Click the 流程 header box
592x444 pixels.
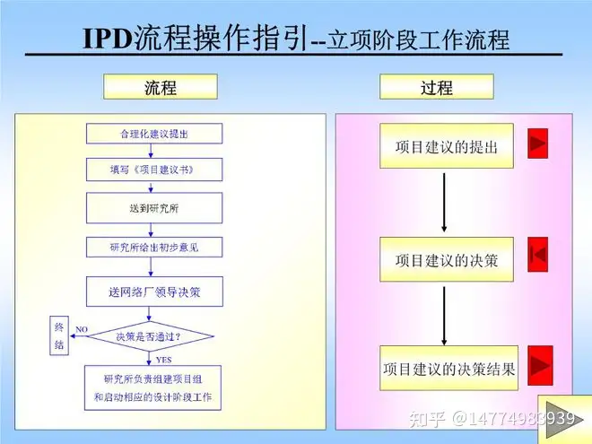pos(161,87)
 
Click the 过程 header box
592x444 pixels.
pos(436,87)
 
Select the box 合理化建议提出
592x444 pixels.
pos(153,135)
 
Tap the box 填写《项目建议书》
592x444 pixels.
pos(153,169)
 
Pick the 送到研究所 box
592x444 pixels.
pos(153,207)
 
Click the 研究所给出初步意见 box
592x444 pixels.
pos(153,248)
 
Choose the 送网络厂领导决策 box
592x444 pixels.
pos(153,292)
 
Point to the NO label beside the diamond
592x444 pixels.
pos(80,329)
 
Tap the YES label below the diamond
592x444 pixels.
pos(164,359)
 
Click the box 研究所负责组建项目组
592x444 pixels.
pos(153,385)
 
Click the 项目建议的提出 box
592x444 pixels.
pos(446,146)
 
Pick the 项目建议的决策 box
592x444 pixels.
pos(446,260)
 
